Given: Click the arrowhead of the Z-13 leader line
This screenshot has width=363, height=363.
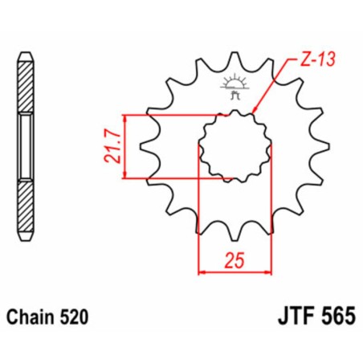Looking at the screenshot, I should click(255, 112).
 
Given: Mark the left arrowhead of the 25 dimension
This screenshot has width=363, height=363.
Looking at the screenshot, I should click(202, 273).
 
